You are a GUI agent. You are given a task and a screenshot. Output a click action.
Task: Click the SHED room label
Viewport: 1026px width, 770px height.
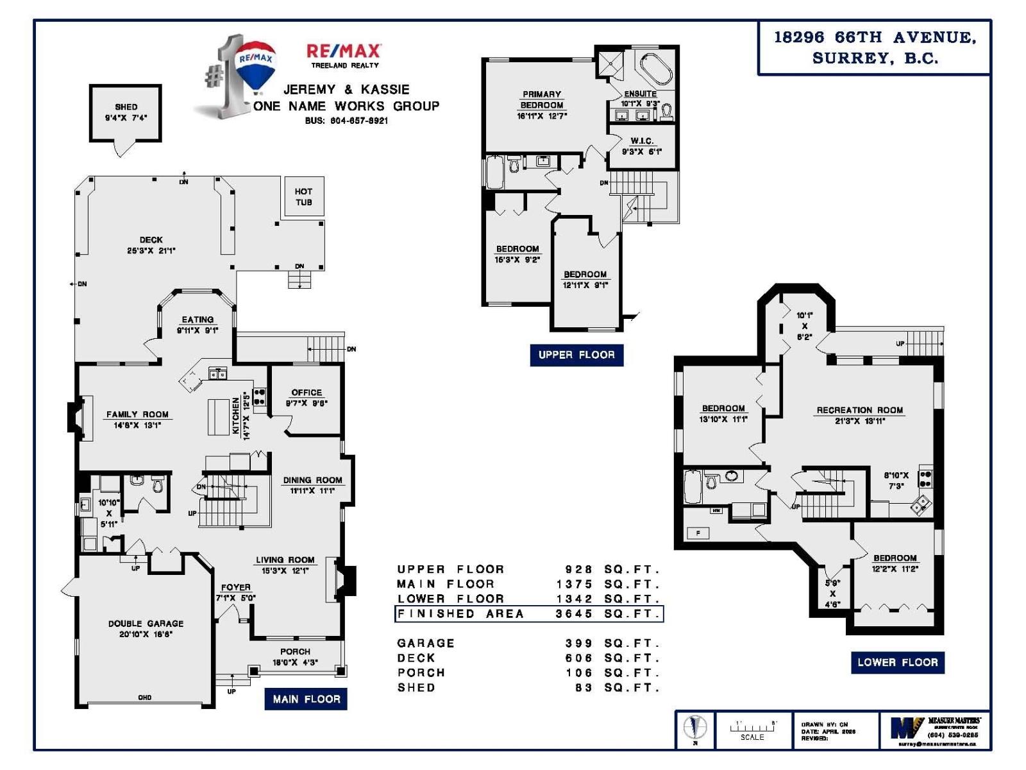pyautogui.click(x=126, y=107)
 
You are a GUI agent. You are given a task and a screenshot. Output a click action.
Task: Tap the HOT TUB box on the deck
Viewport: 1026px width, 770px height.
pyautogui.click(x=303, y=196)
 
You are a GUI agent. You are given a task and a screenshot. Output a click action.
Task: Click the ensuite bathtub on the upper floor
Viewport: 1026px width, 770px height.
pyautogui.click(x=655, y=68)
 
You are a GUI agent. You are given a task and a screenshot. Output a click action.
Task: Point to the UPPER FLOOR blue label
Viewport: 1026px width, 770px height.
pyautogui.click(x=576, y=355)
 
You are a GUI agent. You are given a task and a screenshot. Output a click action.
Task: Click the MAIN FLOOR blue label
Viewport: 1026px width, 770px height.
pyautogui.click(x=306, y=699)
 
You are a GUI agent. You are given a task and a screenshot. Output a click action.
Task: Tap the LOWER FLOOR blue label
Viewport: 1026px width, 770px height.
pyautogui.click(x=897, y=662)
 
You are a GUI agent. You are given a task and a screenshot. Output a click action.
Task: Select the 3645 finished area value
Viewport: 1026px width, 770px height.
pyautogui.click(x=574, y=613)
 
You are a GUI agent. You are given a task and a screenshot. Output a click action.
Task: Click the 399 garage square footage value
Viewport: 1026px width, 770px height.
pyautogui.click(x=579, y=643)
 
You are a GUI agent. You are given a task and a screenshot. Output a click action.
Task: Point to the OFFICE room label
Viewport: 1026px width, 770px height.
pyautogui.click(x=307, y=392)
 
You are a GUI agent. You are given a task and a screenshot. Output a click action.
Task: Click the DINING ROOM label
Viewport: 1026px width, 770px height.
pyautogui.click(x=312, y=480)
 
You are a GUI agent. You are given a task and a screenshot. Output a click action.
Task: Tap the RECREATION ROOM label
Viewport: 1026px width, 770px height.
pyautogui.click(x=859, y=410)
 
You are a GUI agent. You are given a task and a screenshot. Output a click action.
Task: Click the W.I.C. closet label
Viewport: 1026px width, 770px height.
pyautogui.click(x=641, y=141)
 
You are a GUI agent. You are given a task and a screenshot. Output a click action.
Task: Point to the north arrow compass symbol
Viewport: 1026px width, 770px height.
pyautogui.click(x=694, y=728)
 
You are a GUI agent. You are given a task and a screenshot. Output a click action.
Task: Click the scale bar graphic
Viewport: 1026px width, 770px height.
pyautogui.click(x=753, y=728)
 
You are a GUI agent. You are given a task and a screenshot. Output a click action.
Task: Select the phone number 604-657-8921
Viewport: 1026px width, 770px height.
pyautogui.click(x=346, y=121)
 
